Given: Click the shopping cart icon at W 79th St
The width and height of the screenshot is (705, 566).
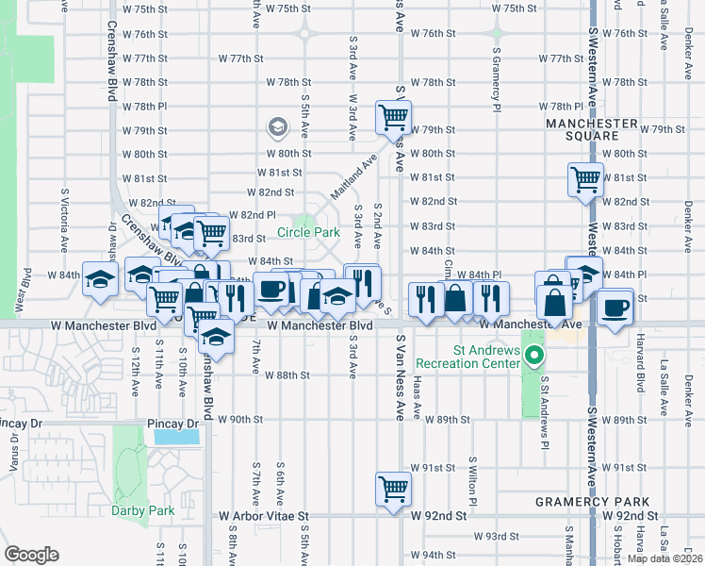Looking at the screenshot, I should point(393,118).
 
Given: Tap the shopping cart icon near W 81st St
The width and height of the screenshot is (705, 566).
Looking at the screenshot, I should point(585,177).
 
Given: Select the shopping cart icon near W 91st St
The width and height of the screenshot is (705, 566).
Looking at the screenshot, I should point(393,489).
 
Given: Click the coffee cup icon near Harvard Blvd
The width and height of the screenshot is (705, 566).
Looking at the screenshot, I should point(615,308).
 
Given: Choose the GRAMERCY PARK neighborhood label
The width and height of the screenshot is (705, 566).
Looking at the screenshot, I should point(590,501).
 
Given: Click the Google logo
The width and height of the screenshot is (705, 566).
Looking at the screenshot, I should point(31,554).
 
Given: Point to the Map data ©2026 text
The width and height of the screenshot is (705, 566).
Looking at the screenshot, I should point(664,558).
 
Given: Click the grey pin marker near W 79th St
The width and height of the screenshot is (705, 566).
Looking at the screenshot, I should point(277,125).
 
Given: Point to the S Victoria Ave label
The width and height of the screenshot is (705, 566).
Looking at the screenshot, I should point(65,214).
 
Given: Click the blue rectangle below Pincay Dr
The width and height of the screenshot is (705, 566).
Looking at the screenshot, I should point(175,437).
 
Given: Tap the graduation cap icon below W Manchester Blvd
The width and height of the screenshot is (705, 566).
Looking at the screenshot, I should point(217,336).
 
